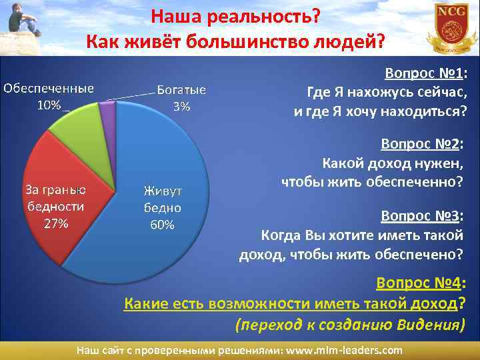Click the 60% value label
coord(162,225)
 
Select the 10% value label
coord(48,105)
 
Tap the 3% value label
coord(181,106)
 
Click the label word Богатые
coord(181,91)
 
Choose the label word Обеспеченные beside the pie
coord(49,89)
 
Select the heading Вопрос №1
coord(423,73)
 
